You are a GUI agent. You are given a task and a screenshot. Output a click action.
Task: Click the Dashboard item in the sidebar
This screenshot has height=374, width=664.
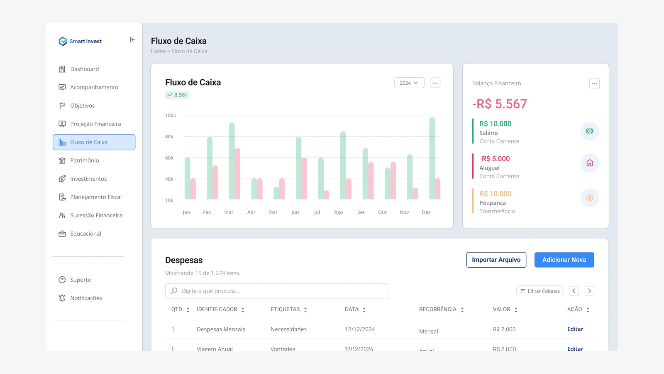pyautogui.click(x=84, y=69)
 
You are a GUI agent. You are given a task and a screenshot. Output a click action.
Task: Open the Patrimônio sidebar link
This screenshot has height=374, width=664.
pyautogui.click(x=84, y=160)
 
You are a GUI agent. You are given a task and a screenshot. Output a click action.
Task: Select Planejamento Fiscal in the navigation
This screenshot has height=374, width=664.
pyautogui.click(x=95, y=197)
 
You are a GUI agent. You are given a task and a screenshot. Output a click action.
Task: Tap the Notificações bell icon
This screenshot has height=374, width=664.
pyautogui.click(x=62, y=298)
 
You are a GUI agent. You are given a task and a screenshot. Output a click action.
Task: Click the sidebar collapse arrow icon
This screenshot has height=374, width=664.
pyautogui.click(x=132, y=40)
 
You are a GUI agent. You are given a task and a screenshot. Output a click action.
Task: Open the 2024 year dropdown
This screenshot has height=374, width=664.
pyautogui.click(x=409, y=83)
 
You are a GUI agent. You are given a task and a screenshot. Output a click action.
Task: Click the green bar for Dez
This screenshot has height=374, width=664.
pyautogui.click(x=432, y=158)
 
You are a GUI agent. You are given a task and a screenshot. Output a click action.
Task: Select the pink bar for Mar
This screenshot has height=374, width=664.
pyautogui.click(x=237, y=174)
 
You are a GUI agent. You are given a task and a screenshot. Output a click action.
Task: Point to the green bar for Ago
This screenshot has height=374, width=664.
pyautogui.click(x=343, y=165)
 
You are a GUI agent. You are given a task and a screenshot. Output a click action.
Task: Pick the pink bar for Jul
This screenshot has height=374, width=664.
pyautogui.click(x=326, y=194)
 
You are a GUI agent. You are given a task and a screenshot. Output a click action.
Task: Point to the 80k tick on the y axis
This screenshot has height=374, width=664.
pyautogui.click(x=169, y=137)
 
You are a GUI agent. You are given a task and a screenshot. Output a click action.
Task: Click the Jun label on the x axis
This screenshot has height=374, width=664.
pyautogui.click(x=295, y=212)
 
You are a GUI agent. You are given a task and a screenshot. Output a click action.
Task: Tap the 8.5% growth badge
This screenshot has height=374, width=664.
pyautogui.click(x=177, y=95)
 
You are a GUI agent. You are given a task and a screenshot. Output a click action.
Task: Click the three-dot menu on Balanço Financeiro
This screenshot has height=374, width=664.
pyautogui.click(x=594, y=84)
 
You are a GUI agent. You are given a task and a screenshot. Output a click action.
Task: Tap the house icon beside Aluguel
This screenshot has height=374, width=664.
pyautogui.click(x=589, y=163)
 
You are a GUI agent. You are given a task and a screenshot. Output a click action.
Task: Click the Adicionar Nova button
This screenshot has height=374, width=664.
pyautogui.click(x=564, y=260)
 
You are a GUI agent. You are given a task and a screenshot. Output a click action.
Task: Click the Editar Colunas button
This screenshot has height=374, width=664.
pyautogui.click(x=539, y=291)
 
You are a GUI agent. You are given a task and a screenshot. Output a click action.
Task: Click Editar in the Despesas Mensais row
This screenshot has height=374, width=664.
pyautogui.click(x=575, y=329)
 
